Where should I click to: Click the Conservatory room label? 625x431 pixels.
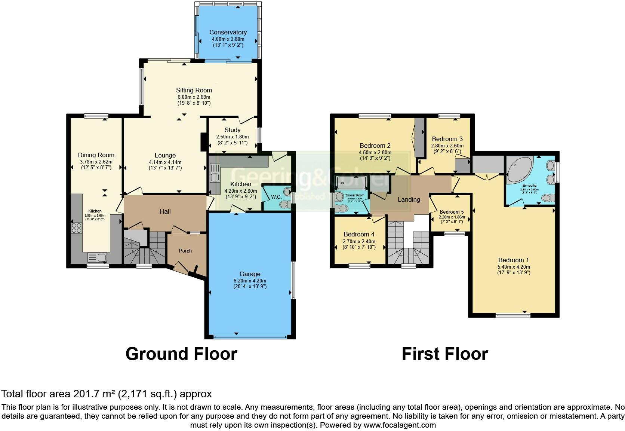[228, 32]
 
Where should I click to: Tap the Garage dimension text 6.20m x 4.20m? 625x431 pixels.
[250, 281]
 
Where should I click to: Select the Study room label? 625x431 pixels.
[233, 130]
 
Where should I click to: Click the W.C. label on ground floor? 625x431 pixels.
[276, 197]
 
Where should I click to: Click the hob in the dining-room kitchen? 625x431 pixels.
[76, 227]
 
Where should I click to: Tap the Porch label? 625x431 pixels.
[185, 251]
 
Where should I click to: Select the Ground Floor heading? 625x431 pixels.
[181, 354]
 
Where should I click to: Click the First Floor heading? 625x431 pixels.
[444, 354]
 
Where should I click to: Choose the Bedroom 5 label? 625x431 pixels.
[452, 211]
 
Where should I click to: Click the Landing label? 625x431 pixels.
[409, 199]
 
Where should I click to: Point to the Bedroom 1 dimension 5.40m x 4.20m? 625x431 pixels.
[514, 267]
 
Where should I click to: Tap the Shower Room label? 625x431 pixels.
[354, 195]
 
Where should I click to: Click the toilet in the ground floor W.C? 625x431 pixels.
[286, 204]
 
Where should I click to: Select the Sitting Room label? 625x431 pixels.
[194, 90]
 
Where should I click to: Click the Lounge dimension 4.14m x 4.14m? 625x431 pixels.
[165, 162]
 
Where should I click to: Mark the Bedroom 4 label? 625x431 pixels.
[359, 234]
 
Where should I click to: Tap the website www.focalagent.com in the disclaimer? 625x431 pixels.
[399, 425]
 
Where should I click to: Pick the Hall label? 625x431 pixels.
[165, 211]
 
